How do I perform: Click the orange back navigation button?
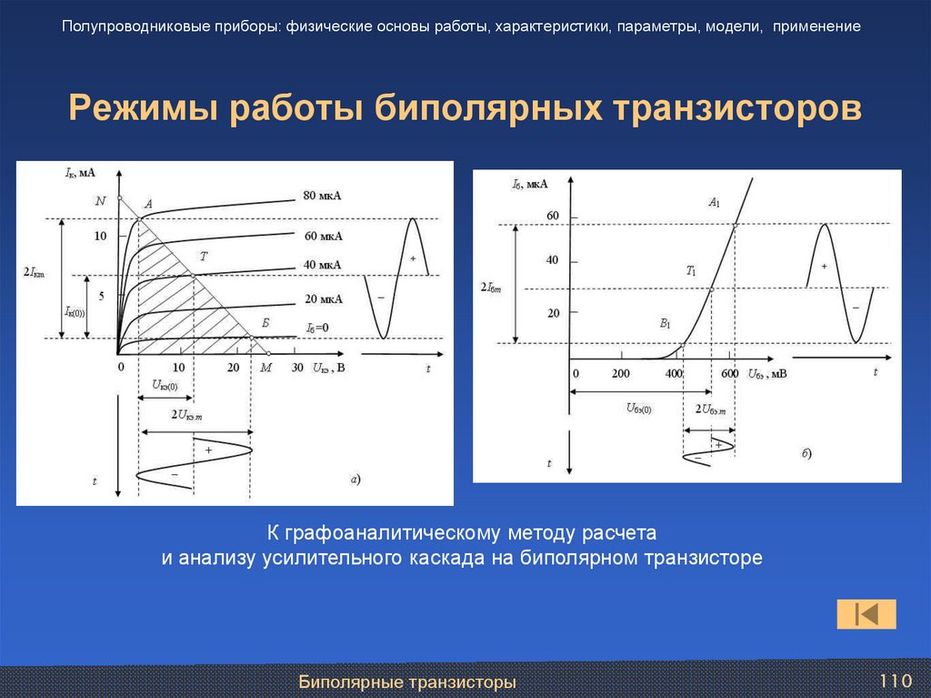click(866, 614)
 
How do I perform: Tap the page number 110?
click(895, 681)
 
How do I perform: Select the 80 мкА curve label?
click(322, 196)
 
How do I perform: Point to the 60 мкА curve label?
click(323, 236)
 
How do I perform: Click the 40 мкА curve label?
click(322, 265)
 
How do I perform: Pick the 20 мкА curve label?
click(323, 298)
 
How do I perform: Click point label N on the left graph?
click(100, 200)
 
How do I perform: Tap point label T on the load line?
click(203, 258)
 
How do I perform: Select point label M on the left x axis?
click(265, 368)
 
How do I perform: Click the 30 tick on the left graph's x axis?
click(296, 368)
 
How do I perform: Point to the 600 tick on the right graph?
click(729, 375)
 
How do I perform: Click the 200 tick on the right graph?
click(620, 375)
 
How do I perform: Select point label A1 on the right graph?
click(714, 203)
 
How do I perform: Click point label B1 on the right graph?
click(665, 323)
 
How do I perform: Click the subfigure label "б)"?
click(806, 452)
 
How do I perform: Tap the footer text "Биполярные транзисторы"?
click(408, 682)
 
